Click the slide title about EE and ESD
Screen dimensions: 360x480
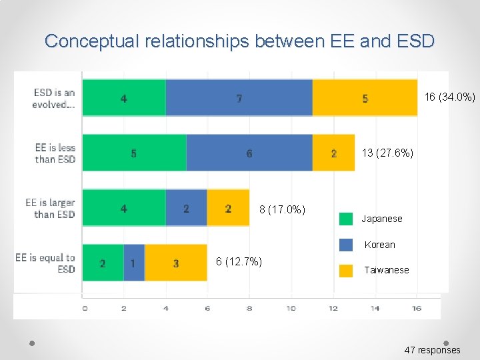coord(239,41)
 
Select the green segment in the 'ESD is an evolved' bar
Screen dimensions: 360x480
coord(124,98)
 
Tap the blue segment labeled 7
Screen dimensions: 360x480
coord(239,98)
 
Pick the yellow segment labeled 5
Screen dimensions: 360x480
coord(365,98)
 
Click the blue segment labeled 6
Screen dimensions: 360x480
coord(249,153)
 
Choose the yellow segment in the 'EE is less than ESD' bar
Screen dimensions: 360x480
coord(333,153)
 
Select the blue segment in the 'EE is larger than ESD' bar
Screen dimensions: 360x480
coord(186,208)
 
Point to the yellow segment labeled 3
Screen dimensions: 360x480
coord(176,263)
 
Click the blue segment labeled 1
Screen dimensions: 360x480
coord(134,263)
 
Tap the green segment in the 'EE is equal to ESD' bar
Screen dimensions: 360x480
coord(103,263)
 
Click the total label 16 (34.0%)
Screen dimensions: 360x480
coord(450,97)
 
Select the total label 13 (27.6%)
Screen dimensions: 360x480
coord(387,153)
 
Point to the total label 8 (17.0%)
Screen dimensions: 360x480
coord(282,210)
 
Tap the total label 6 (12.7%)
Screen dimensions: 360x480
coord(239,261)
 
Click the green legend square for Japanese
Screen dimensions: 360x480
coord(346,219)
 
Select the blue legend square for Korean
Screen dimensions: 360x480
coord(346,245)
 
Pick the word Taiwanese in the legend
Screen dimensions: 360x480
coord(386,270)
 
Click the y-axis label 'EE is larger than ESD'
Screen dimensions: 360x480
coord(51,209)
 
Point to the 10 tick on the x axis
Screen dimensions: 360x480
coord(291,308)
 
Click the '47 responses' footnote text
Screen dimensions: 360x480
coord(432,350)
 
